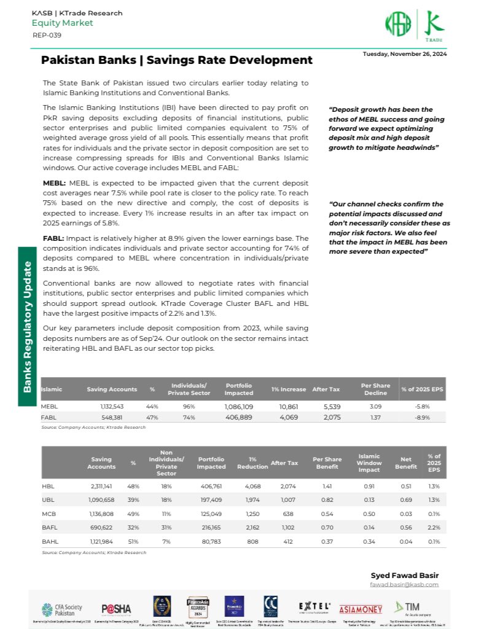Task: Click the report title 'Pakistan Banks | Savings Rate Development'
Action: point(176,60)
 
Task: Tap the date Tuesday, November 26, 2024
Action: point(404,54)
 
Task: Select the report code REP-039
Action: point(47,35)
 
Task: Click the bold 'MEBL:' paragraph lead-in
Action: point(55,184)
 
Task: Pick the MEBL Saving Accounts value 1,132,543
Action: point(112,407)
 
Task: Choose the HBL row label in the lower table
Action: point(47,486)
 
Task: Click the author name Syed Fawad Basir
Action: point(404,575)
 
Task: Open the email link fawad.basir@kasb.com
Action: point(404,585)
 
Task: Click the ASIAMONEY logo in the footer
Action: point(360,609)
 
